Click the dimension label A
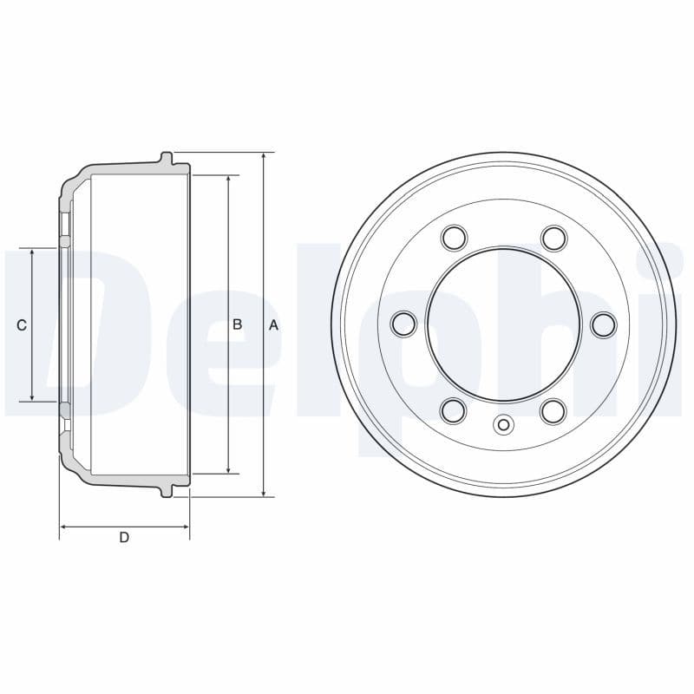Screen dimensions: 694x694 [x=273, y=325]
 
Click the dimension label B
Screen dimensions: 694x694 [x=237, y=325]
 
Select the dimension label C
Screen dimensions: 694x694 [x=22, y=325]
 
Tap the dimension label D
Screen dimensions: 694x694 [x=124, y=538]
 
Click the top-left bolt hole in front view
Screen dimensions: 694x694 [x=454, y=238]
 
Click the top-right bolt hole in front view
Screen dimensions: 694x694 [x=553, y=238]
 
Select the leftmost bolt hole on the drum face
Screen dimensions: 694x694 [x=403, y=324]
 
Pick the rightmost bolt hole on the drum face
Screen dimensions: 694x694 [x=603, y=324]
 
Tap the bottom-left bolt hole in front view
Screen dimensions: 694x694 [x=454, y=410]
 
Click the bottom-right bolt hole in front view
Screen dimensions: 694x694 [x=553, y=410]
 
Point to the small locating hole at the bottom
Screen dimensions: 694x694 [x=503, y=424]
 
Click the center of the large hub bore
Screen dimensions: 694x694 [x=503, y=324]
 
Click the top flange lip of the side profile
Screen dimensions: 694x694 [x=167, y=158]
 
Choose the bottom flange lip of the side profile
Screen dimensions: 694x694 [x=167, y=491]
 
